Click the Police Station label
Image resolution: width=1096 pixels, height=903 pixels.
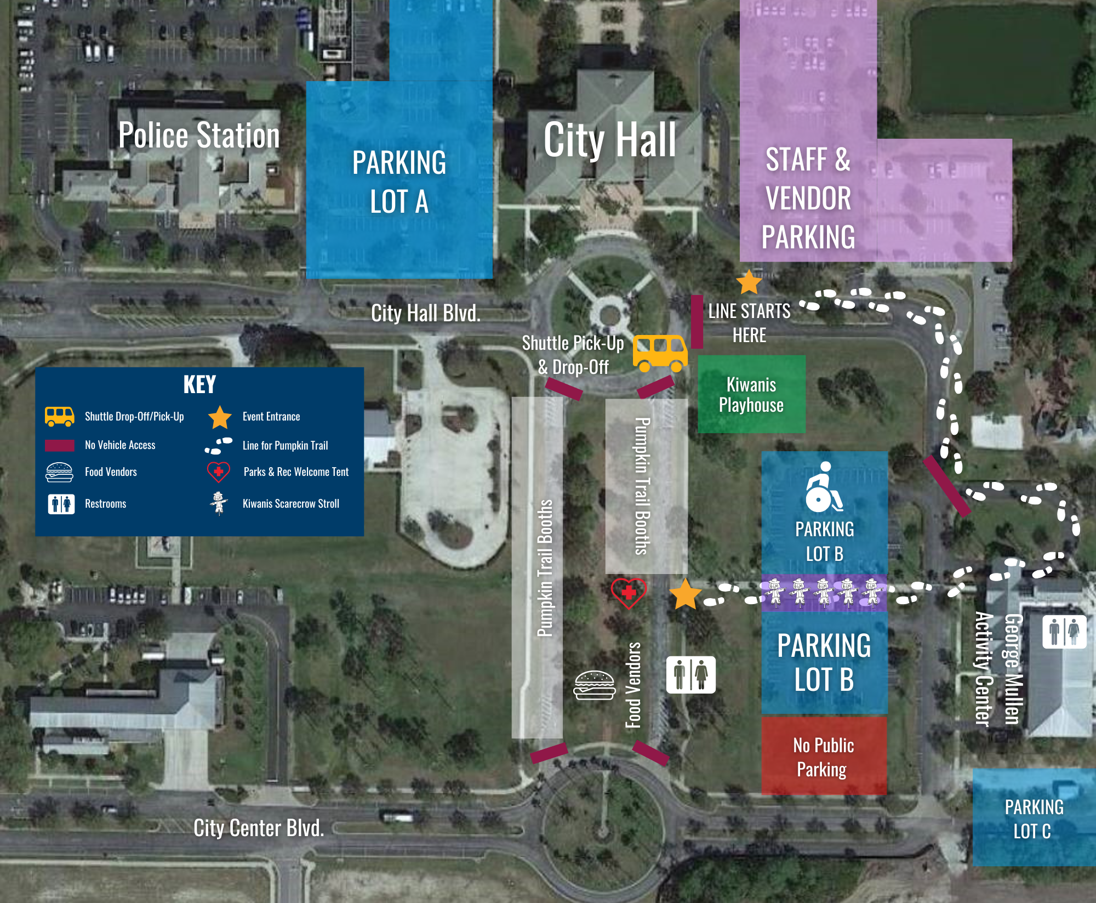pyautogui.click(x=199, y=135)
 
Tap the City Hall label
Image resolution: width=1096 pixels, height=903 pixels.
pyautogui.click(x=609, y=140)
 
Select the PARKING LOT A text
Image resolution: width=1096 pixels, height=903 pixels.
pyautogui.click(x=399, y=182)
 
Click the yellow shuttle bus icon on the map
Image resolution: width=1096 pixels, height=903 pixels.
pyautogui.click(x=660, y=353)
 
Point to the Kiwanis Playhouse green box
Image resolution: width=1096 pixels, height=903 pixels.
pyautogui.click(x=751, y=394)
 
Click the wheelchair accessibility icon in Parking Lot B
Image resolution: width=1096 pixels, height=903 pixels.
pyautogui.click(x=823, y=487)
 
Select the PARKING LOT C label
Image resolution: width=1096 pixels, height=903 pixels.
pyautogui.click(x=1034, y=819)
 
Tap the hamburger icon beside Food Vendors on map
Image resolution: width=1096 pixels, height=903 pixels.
pyautogui.click(x=595, y=685)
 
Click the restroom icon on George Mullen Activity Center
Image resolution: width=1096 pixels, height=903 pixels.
pyautogui.click(x=1064, y=631)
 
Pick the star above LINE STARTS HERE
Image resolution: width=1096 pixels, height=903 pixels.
pyautogui.click(x=749, y=282)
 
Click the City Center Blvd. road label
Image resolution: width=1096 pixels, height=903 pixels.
pyautogui.click(x=259, y=828)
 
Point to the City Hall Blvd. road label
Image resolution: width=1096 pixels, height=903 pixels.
pyautogui.click(x=426, y=313)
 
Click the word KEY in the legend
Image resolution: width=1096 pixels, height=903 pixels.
pyautogui.click(x=199, y=384)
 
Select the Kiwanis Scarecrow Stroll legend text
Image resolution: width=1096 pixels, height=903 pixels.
pyautogui.click(x=290, y=503)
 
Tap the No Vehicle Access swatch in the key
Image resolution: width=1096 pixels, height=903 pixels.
pyautogui.click(x=60, y=445)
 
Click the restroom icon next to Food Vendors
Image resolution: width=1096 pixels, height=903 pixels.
pyautogui.click(x=690, y=674)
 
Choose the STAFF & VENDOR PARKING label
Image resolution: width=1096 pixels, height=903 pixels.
pyautogui.click(x=808, y=198)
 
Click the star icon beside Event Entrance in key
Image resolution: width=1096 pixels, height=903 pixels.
pyautogui.click(x=220, y=417)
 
